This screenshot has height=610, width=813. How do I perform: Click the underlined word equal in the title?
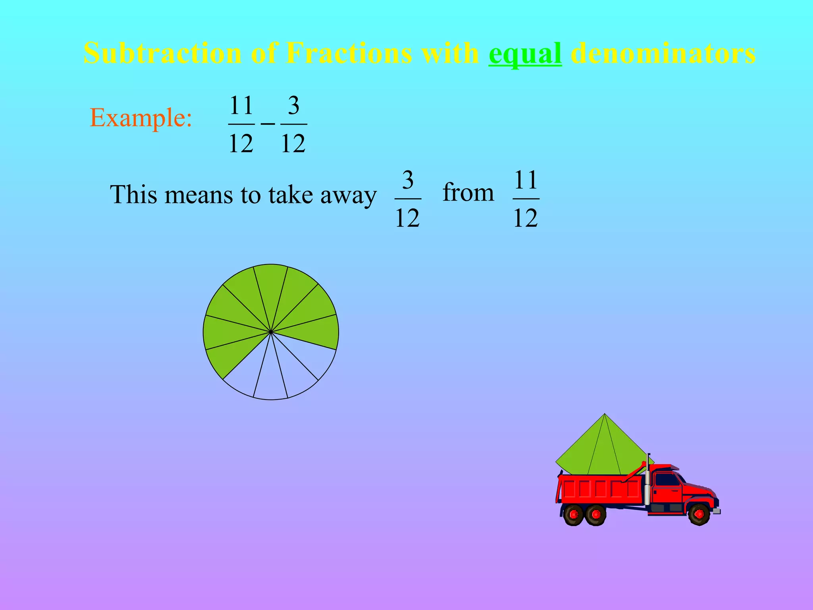click(525, 53)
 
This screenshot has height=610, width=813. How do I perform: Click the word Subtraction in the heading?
click(162, 53)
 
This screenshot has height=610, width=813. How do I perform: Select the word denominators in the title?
click(663, 53)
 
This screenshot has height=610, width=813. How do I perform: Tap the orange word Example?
click(141, 118)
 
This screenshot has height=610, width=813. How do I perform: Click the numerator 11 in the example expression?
click(241, 106)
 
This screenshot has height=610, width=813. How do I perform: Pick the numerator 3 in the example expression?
click(293, 106)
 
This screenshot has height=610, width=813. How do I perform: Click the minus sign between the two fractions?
click(268, 124)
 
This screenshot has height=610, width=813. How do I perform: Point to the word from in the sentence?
click(468, 193)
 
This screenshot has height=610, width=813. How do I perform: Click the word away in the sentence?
click(348, 195)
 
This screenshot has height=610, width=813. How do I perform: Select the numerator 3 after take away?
click(408, 180)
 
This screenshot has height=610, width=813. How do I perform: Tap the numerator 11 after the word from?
click(526, 180)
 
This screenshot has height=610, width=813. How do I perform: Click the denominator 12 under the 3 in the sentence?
click(407, 218)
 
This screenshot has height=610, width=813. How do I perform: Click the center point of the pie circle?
click(271, 332)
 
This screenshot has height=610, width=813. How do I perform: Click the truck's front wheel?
click(699, 514)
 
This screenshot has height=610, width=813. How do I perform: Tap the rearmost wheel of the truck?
click(573, 515)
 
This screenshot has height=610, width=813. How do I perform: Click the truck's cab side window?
click(668, 480)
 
